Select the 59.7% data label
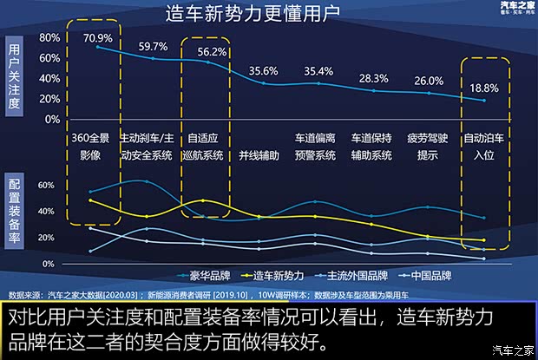[x=153, y=46]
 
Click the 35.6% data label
[x=264, y=71]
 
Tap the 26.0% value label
[x=428, y=81]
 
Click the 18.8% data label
[x=484, y=88]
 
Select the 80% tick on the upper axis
[x=49, y=38]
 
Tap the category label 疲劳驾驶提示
[x=428, y=147]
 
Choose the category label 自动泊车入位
[x=482, y=147]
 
